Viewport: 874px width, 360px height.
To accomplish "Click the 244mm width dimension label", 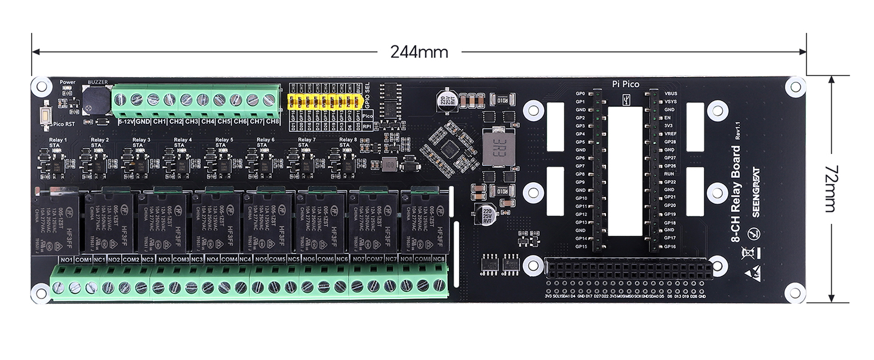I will [419, 53].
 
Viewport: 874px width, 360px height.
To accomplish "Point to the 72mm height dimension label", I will [830, 189].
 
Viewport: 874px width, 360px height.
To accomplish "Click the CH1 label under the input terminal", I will [159, 122].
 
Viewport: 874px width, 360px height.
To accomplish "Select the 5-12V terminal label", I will [126, 122].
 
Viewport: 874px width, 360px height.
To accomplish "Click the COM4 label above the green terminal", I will [229, 259].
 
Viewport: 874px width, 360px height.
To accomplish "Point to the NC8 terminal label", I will [439, 259].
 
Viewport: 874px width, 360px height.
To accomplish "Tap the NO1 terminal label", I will [66, 259].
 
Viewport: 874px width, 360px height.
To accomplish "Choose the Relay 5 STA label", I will [224, 142].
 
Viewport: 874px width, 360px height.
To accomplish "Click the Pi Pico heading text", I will [625, 84].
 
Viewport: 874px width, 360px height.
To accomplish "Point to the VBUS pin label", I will [670, 94].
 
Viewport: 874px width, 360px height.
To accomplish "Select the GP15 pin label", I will [580, 246].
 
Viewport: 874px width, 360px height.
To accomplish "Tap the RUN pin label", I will [669, 174].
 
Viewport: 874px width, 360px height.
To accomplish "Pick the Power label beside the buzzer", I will [67, 82].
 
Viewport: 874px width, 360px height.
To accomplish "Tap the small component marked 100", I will [389, 164].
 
